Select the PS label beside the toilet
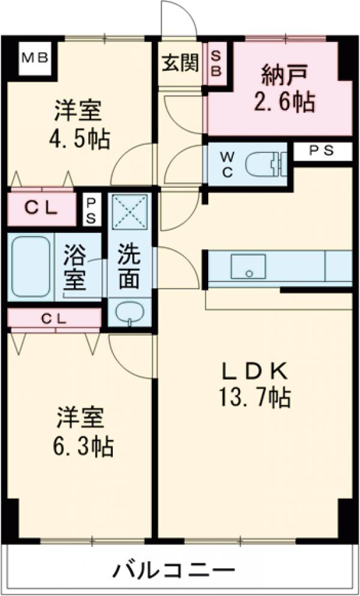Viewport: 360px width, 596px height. click(322, 152)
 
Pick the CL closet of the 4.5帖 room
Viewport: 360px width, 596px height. click(41, 208)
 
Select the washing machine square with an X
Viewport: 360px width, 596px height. click(128, 210)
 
